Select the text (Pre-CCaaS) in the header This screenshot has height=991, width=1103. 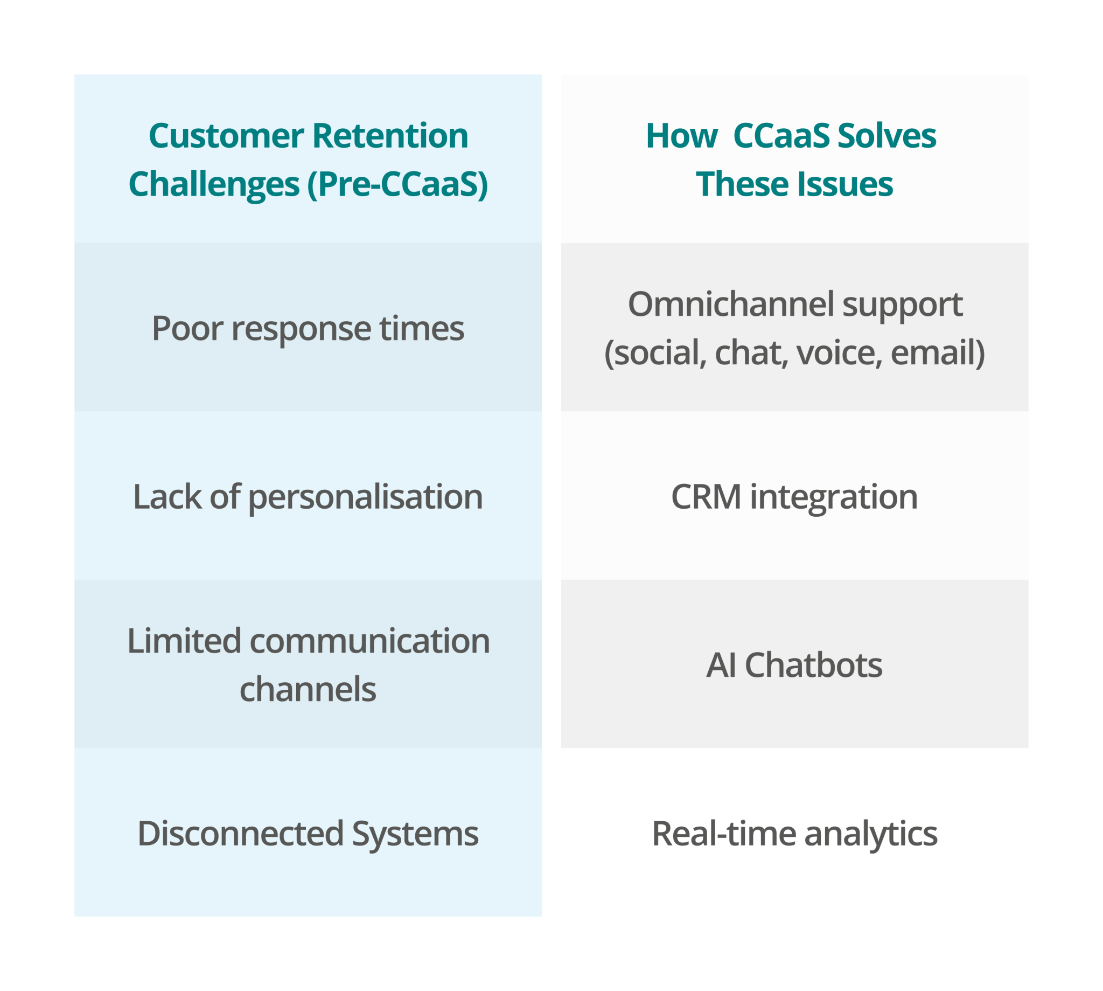[x=397, y=184]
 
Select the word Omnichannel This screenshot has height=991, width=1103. [x=730, y=304]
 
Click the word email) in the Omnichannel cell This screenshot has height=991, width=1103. [x=938, y=353]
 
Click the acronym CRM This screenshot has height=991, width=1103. [x=706, y=497]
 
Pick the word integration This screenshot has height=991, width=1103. [x=834, y=497]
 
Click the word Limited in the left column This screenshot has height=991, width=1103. [x=184, y=641]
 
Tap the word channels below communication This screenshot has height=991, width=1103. [x=308, y=690]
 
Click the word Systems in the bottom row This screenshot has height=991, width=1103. [x=415, y=834]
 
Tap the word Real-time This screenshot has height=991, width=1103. [x=724, y=834]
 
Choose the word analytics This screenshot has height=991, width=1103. [x=871, y=834]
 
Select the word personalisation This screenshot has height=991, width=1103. [x=365, y=497]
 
